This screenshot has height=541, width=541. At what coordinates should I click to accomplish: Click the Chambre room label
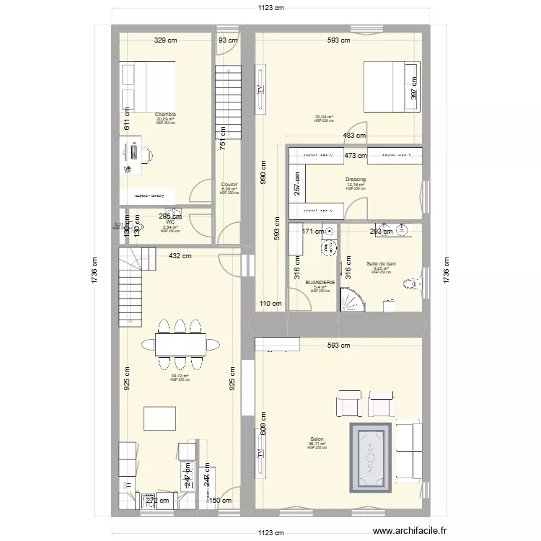165,114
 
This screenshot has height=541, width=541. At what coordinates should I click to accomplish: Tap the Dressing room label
355,179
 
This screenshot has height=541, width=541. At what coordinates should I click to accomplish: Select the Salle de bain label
381,264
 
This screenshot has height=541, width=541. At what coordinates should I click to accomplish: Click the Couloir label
229,185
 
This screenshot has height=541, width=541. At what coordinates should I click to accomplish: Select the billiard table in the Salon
371,457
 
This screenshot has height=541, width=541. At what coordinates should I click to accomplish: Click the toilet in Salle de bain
413,283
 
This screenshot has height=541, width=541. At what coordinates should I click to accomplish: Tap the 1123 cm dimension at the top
270,9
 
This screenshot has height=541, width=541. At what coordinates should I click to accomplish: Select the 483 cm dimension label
353,136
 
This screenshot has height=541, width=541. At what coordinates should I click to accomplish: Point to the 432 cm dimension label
180,255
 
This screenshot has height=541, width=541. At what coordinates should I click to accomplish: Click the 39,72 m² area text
180,376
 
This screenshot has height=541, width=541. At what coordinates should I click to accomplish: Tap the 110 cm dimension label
271,304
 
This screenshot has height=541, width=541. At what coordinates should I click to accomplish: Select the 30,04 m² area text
324,117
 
